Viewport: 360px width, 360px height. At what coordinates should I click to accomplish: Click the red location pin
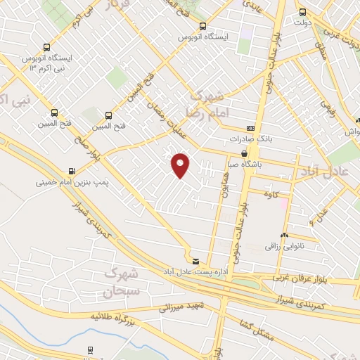click(181, 165)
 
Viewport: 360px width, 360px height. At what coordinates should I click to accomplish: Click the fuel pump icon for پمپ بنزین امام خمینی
click(72, 171)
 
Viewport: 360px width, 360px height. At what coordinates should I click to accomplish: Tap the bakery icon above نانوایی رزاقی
click(284, 236)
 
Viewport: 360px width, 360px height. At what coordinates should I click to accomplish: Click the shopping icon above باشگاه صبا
click(244, 153)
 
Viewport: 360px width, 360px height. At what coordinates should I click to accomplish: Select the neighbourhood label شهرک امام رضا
click(206, 104)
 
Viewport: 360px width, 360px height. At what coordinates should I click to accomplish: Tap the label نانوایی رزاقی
click(283, 247)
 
